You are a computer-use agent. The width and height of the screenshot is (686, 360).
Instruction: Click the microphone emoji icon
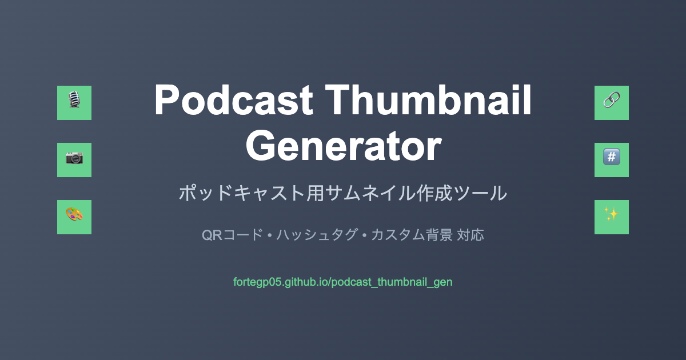[74, 99]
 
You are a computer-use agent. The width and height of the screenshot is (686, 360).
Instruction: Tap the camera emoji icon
[74, 158]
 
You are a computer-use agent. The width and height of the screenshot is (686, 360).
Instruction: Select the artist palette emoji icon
[74, 214]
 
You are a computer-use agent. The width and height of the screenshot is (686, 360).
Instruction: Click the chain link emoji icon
[612, 99]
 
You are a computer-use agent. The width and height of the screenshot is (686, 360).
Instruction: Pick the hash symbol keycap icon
[612, 157]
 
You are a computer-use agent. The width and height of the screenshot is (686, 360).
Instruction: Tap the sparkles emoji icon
[612, 214]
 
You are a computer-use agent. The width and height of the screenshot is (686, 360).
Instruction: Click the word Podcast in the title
[234, 100]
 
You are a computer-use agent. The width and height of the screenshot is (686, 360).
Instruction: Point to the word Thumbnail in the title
[428, 100]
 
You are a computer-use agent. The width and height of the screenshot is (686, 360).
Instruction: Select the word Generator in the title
[344, 145]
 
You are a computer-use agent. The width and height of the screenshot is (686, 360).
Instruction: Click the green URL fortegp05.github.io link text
[342, 282]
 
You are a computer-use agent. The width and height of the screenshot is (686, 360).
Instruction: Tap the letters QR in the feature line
[212, 235]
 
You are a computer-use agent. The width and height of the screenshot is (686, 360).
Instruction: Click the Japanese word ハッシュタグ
[317, 235]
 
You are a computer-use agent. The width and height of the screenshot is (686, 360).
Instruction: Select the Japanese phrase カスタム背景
[412, 235]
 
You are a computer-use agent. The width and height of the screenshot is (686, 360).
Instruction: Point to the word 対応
[470, 235]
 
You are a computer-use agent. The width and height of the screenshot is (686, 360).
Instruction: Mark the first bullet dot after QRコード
[270, 235]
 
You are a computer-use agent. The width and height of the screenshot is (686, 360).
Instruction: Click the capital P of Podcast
[167, 100]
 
